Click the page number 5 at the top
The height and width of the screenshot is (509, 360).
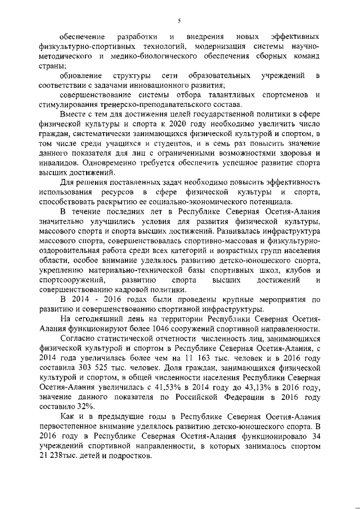[178, 21]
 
